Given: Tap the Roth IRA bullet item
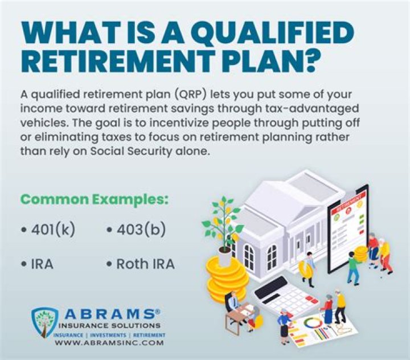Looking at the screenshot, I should [x=141, y=264].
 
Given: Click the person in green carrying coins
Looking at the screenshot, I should [x=353, y=265].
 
